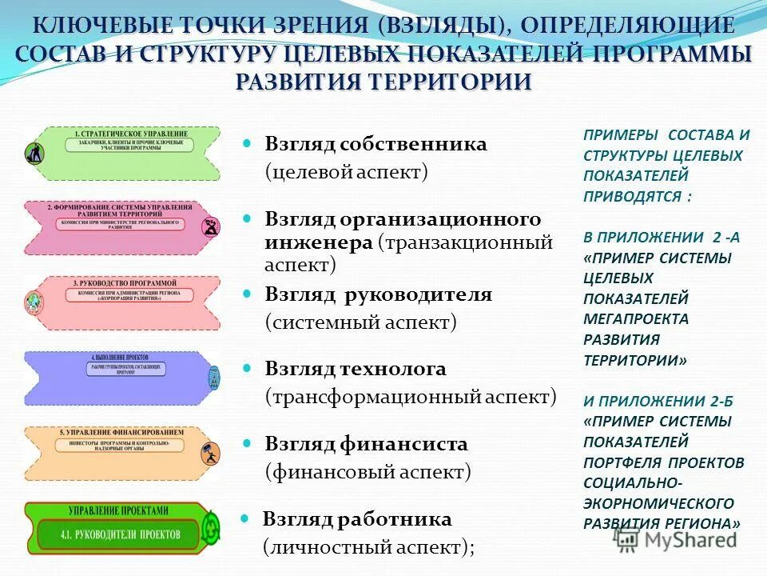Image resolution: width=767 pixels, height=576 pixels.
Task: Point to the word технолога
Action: tap(401, 369)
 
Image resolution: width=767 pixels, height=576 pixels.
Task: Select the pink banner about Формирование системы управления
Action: tap(120, 226)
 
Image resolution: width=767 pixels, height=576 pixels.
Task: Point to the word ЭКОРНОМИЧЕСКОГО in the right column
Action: tap(658, 503)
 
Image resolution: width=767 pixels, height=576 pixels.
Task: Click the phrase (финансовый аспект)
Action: tap(368, 471)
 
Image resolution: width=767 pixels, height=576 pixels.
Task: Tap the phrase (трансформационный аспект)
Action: tap(410, 396)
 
